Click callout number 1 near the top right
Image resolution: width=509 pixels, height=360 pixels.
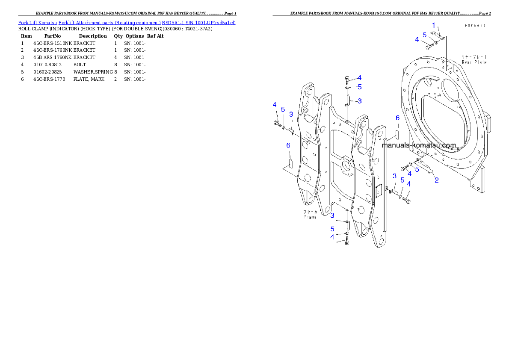pos(433,25)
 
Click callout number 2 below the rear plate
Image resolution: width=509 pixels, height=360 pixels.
pos(436,180)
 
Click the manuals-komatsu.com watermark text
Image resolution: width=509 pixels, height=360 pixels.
pos(419,145)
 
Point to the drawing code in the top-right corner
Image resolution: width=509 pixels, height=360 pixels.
pos(475,26)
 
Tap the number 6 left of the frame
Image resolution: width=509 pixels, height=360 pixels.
pos(288,145)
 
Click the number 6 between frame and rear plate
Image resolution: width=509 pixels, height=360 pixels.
pos(397,118)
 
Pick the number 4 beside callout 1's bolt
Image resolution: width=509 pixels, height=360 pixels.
pos(417,39)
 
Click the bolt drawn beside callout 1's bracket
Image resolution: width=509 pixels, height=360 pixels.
pos(428,46)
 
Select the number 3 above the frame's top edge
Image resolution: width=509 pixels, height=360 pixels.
pos(360,101)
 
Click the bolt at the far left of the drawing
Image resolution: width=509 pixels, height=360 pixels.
pos(277,124)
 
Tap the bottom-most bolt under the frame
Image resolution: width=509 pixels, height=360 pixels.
pos(347,242)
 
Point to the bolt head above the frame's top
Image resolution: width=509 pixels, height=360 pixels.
pos(347,78)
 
